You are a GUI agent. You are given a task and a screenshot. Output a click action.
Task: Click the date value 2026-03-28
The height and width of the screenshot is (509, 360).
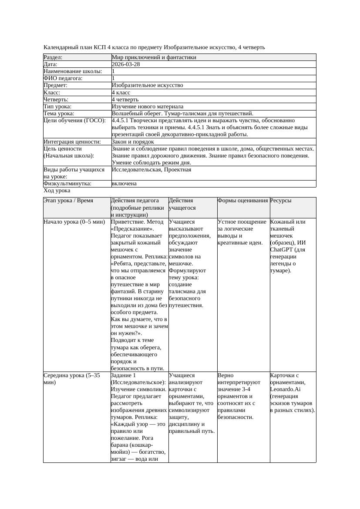click(126, 64)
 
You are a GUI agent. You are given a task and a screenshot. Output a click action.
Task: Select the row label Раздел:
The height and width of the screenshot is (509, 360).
click(53, 57)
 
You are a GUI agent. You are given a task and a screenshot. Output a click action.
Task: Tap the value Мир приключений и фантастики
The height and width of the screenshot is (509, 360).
click(154, 57)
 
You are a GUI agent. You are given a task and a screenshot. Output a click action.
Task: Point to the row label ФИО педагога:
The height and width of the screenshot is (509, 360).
click(63, 78)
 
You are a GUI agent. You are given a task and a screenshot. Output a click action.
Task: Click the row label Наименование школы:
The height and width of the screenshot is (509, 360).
click(73, 71)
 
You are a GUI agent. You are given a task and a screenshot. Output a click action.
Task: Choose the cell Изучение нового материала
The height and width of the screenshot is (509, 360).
click(147, 107)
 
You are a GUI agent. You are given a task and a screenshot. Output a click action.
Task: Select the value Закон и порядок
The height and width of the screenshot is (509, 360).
click(133, 142)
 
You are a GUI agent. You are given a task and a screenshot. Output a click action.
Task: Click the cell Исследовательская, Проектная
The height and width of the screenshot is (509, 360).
click(151, 170)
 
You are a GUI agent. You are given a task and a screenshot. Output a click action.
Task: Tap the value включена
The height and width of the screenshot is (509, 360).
click(124, 184)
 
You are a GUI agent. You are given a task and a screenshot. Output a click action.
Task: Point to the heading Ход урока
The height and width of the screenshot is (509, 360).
click(57, 191)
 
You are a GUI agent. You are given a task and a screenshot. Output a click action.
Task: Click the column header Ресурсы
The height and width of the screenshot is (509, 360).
click(281, 201)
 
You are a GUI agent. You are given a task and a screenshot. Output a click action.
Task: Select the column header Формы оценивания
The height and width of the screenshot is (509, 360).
click(243, 201)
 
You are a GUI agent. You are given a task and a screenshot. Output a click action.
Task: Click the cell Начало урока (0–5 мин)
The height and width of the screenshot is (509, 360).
click(74, 222)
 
